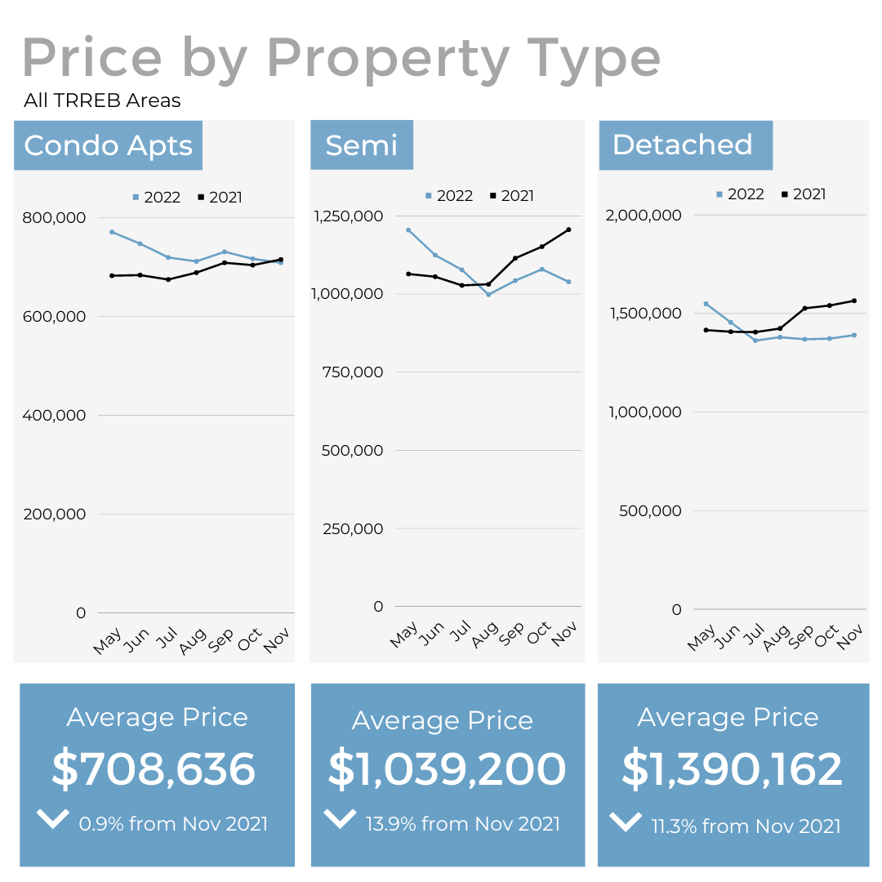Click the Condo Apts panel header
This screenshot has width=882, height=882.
click(x=108, y=145)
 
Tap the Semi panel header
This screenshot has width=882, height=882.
click(x=361, y=145)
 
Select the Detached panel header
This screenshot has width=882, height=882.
click(x=683, y=145)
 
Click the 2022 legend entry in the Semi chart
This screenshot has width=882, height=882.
click(x=448, y=196)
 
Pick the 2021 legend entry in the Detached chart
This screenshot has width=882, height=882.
click(x=804, y=194)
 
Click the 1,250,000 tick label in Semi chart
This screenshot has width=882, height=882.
click(x=348, y=216)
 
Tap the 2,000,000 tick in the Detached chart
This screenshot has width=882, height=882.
click(x=644, y=215)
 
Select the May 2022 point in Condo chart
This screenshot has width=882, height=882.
click(x=112, y=232)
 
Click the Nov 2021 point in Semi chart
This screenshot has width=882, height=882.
click(x=568, y=229)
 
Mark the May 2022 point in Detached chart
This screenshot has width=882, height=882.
click(x=706, y=304)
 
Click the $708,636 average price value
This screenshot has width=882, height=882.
click(x=154, y=769)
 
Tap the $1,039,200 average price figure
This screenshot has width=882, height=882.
click(x=447, y=769)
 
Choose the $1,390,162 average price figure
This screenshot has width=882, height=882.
click(x=732, y=769)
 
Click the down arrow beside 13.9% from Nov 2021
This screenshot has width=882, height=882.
click(x=340, y=817)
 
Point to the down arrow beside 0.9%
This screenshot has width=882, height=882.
click(x=53, y=818)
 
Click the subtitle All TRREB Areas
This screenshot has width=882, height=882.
click(x=102, y=100)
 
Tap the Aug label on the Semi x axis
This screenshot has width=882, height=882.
click(x=485, y=633)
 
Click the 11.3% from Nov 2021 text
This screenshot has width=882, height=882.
click(x=746, y=826)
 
